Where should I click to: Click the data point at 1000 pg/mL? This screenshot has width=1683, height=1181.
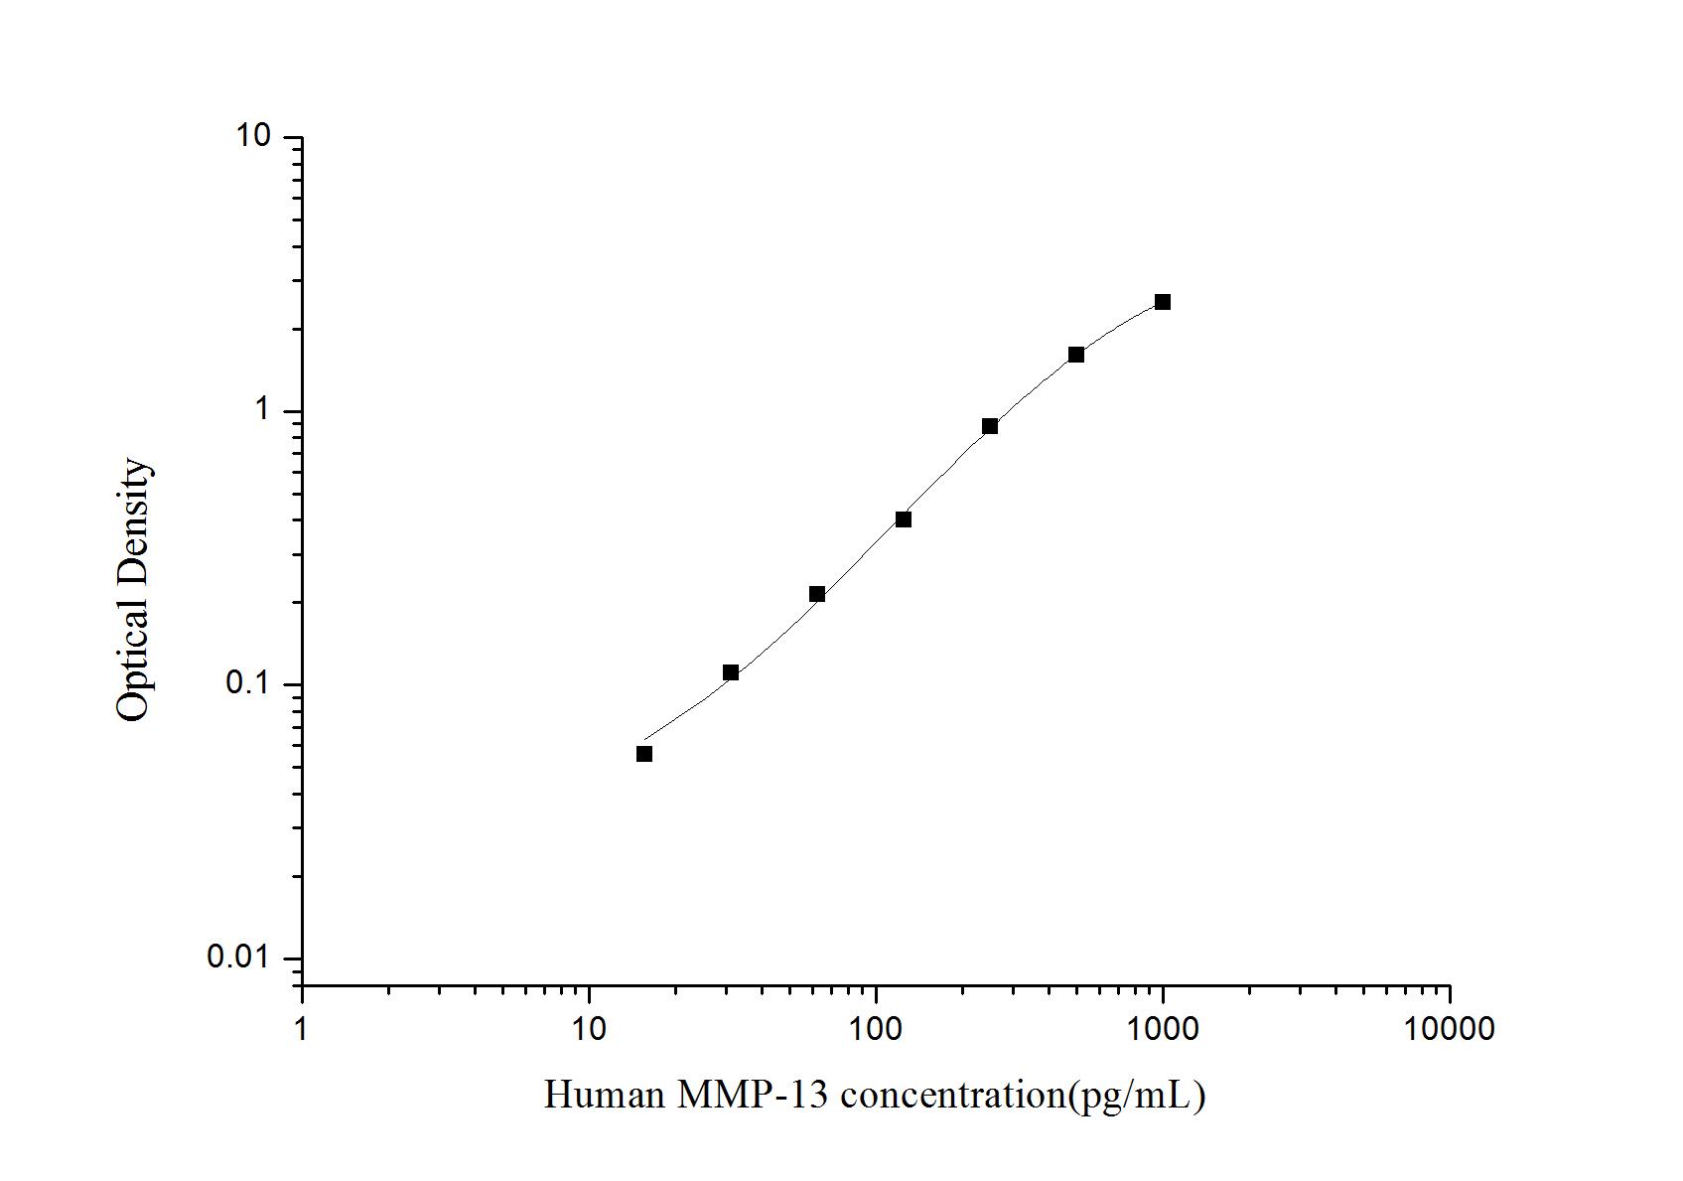pos(1162,302)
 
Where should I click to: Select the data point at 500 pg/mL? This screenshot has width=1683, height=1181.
pos(1076,355)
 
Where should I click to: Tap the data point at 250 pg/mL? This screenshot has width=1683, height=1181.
pos(990,426)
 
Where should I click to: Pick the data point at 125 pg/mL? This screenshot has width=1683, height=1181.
pos(904,519)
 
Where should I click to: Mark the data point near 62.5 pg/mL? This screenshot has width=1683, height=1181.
pos(817,594)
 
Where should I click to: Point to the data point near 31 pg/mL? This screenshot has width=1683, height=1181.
pos(731,672)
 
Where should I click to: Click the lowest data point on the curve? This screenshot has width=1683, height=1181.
pos(644,754)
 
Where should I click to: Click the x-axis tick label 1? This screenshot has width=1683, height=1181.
pos(302,1028)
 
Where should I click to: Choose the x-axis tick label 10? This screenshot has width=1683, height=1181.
pos(589,1028)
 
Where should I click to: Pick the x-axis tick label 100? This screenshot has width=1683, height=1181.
pos(876,1028)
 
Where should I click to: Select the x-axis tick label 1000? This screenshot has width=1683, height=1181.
pos(1163,1028)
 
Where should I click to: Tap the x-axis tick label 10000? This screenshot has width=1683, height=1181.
pos(1450,1028)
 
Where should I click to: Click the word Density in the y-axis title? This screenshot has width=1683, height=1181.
pos(133,521)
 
